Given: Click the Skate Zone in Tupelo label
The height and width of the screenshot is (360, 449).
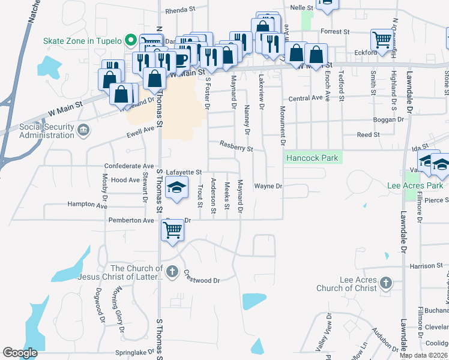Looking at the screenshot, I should pyautogui.click(x=82, y=41).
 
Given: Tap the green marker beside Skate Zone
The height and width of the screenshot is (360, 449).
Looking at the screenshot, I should pyautogui.click(x=130, y=41).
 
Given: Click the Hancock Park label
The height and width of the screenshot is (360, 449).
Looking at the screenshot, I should pyautogui.click(x=312, y=158).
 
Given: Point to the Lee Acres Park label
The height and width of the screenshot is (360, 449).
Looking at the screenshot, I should pyautogui.click(x=415, y=185).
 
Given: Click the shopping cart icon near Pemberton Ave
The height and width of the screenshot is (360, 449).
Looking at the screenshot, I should pyautogui.click(x=172, y=229).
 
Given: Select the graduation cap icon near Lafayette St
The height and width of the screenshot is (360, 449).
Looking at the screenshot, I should pyautogui.click(x=177, y=188).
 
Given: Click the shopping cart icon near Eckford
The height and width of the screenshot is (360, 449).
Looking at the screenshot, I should pyautogui.click(x=381, y=40).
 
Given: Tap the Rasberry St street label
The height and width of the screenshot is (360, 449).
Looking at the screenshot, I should pyautogui.click(x=237, y=146).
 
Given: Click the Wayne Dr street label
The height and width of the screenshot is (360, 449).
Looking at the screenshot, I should pyautogui.click(x=268, y=186).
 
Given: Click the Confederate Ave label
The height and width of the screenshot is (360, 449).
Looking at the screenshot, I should pyautogui.click(x=129, y=166).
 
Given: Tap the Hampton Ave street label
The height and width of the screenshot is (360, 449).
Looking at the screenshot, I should pyautogui.click(x=87, y=205).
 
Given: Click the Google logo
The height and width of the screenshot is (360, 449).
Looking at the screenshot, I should pyautogui.click(x=20, y=353).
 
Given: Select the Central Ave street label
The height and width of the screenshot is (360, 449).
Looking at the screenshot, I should pyautogui.click(x=306, y=98).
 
